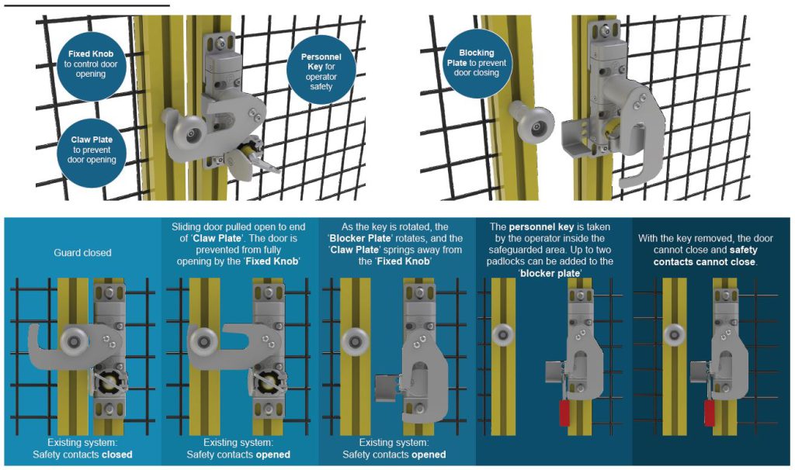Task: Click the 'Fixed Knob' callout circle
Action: (x=91, y=64)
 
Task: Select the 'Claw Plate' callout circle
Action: (x=92, y=150)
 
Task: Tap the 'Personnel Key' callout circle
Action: (x=321, y=71)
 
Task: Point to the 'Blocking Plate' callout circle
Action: (x=476, y=64)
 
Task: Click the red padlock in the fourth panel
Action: (x=564, y=413)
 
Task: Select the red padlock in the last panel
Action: (x=710, y=413)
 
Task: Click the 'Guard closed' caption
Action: (x=82, y=253)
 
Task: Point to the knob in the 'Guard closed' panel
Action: (x=75, y=340)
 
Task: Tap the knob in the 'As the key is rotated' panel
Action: (x=356, y=340)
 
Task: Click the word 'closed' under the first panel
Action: (x=117, y=454)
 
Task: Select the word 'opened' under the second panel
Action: (x=273, y=454)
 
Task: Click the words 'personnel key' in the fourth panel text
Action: (x=541, y=227)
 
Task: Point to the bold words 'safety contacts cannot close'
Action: (x=705, y=256)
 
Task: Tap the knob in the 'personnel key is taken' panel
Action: (x=503, y=334)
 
